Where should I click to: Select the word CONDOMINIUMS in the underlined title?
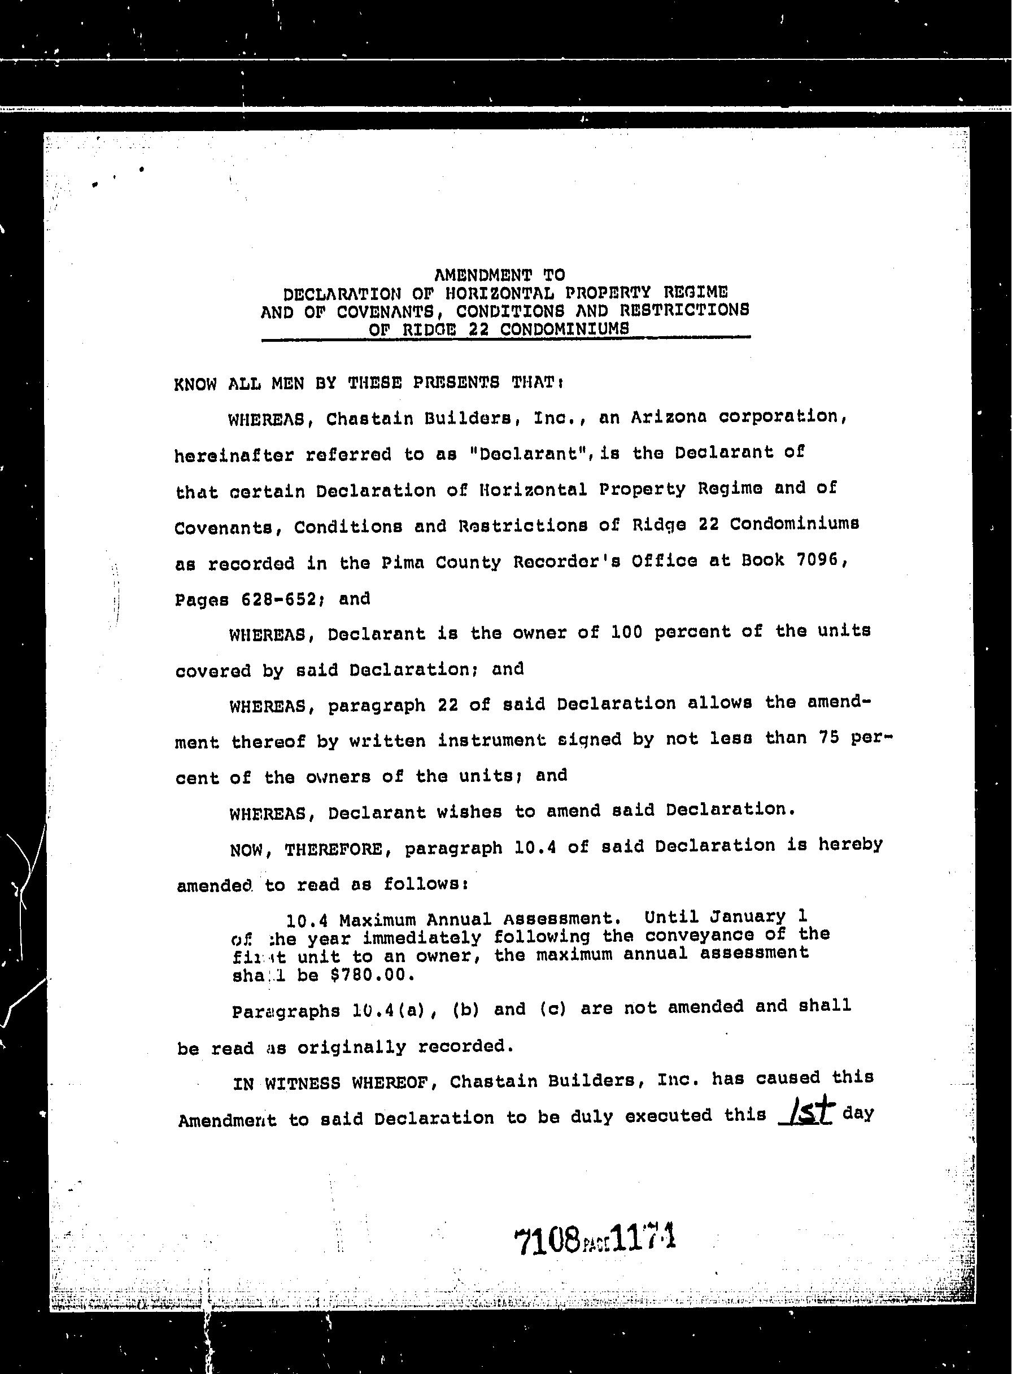[x=564, y=329]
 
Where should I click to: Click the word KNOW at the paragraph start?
[x=195, y=384]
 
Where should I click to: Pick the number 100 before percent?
[x=627, y=632]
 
